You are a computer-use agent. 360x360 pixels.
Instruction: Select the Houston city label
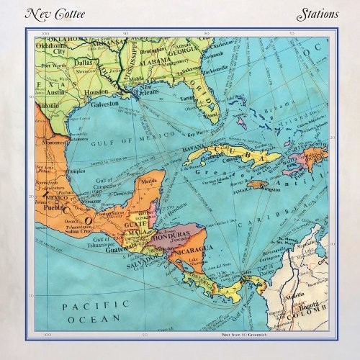click(96, 93)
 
